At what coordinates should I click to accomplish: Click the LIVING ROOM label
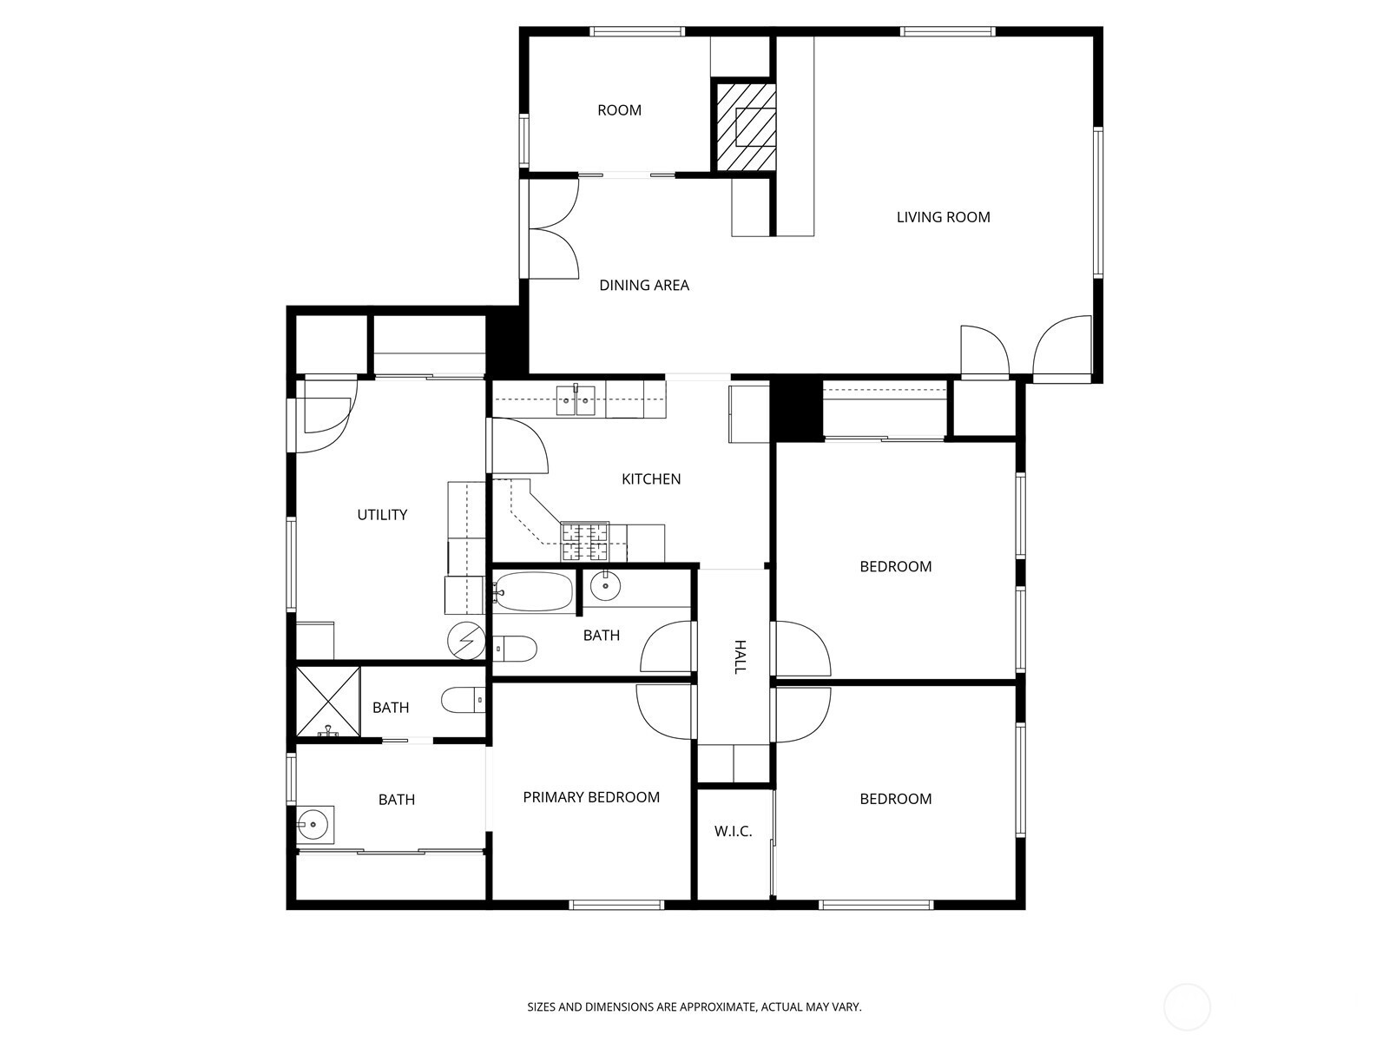(x=943, y=217)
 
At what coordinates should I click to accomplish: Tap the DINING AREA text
(x=644, y=286)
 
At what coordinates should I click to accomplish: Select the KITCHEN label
(x=651, y=479)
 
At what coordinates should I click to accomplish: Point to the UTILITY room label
(x=382, y=515)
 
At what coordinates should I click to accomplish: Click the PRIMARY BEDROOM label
(x=591, y=797)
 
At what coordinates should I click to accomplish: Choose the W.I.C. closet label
(x=734, y=831)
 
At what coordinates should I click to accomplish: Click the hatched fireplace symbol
(x=746, y=127)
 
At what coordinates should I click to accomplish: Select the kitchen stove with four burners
(x=585, y=542)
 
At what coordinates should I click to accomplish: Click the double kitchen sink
(x=576, y=400)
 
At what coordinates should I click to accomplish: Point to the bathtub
(x=533, y=592)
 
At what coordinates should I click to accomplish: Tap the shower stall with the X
(x=328, y=701)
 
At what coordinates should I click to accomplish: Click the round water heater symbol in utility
(x=466, y=641)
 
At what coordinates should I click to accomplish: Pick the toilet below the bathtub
(x=515, y=649)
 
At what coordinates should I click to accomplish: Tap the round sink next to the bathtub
(x=605, y=585)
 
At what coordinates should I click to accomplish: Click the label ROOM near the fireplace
(x=620, y=111)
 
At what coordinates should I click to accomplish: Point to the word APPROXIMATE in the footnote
(x=719, y=1006)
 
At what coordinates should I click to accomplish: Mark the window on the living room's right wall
(x=1098, y=202)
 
